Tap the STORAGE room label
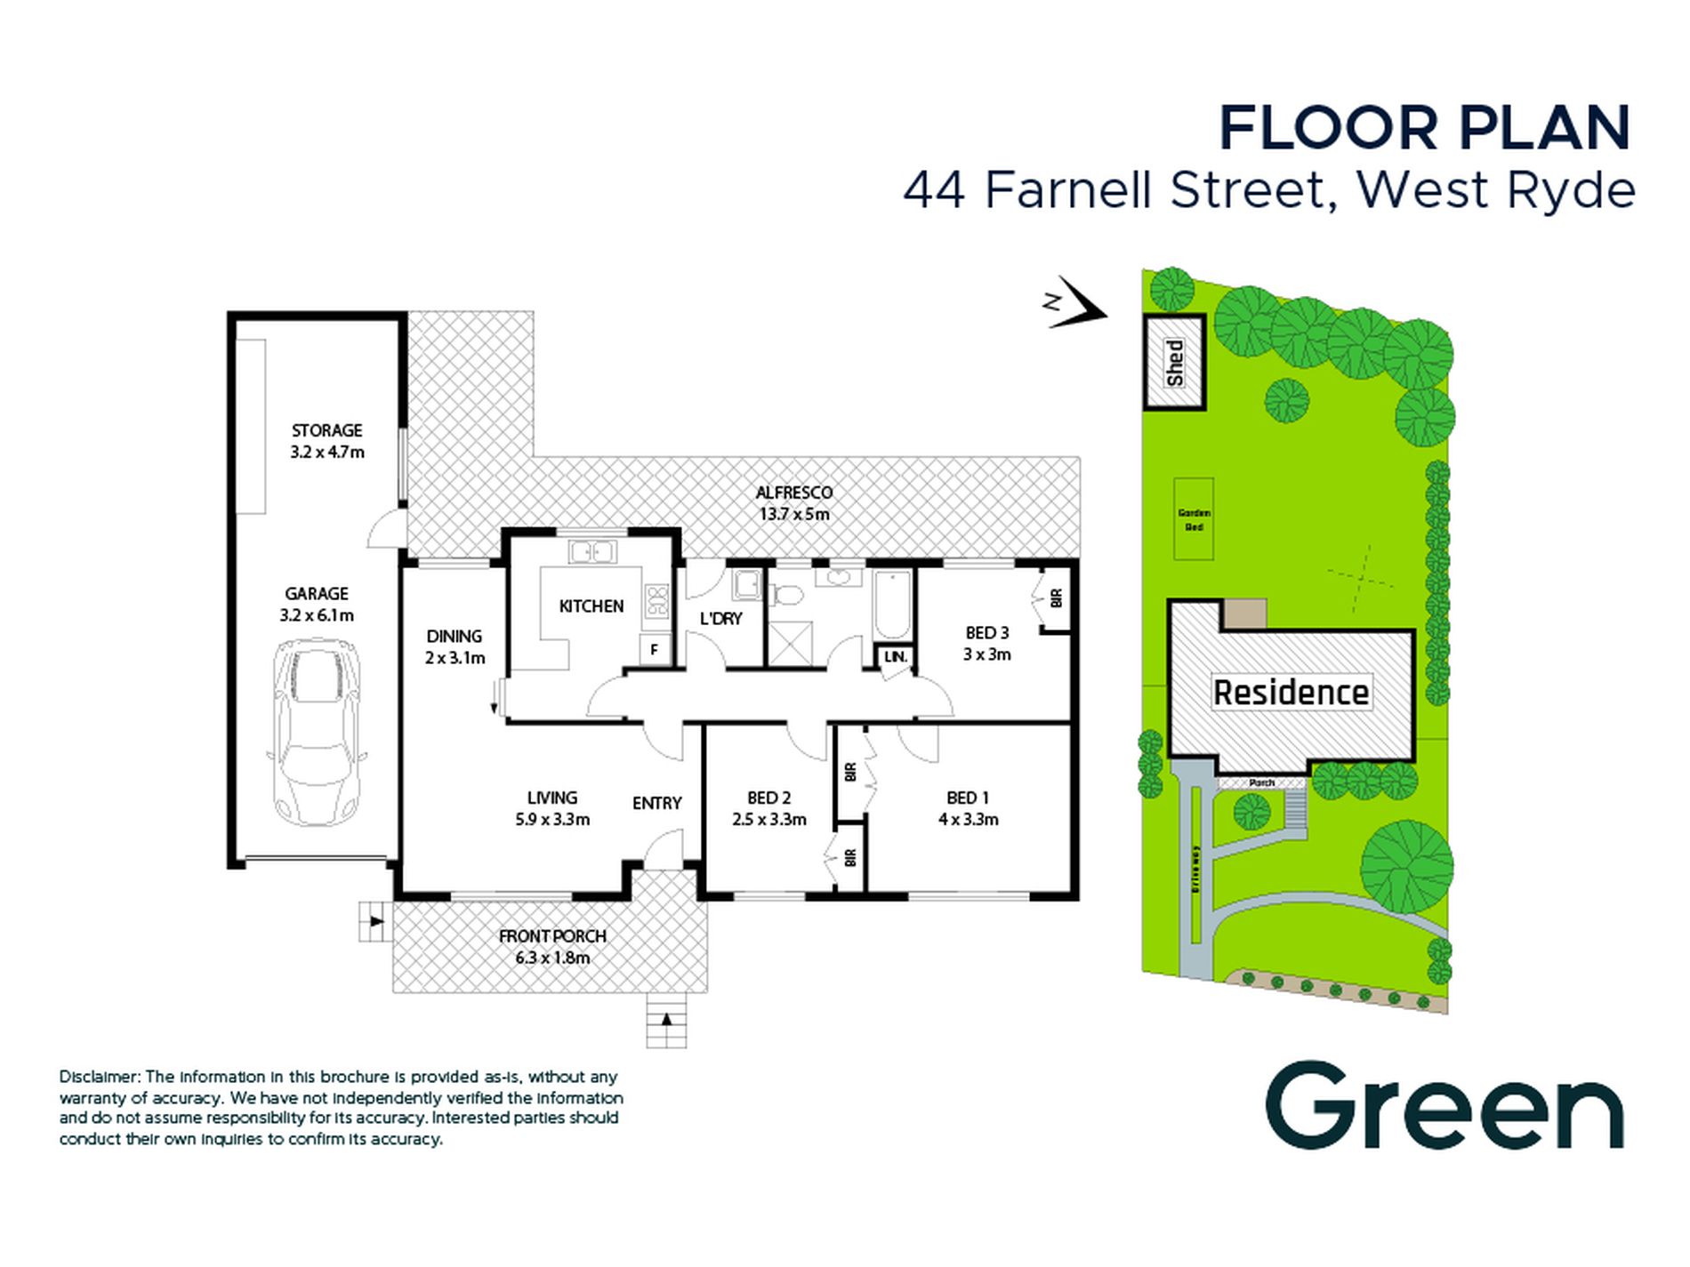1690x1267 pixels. (326, 430)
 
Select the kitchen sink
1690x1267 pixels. (591, 552)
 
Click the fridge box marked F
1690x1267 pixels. (654, 650)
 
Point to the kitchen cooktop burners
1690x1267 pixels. (656, 601)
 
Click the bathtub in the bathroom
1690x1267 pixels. (892, 605)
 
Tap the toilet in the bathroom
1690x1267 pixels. (785, 595)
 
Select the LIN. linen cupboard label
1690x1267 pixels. (896, 657)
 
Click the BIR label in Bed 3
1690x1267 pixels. (1056, 598)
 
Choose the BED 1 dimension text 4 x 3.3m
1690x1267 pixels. (968, 820)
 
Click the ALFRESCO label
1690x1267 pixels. (793, 493)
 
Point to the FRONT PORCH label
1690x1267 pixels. (551, 936)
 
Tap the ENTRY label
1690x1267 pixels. (656, 804)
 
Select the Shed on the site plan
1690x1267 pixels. (1174, 362)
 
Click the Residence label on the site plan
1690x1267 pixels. (1291, 693)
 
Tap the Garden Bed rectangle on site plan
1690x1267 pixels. (1194, 519)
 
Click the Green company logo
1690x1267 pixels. (1444, 1107)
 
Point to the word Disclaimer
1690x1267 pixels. (100, 1077)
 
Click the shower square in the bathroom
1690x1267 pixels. (790, 644)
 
